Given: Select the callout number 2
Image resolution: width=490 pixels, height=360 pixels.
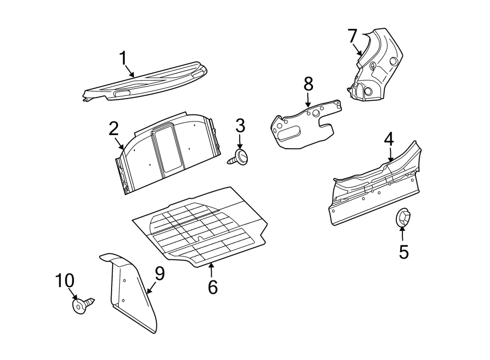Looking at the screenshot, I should (113, 129).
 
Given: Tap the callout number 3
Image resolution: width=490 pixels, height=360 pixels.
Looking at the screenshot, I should (240, 126).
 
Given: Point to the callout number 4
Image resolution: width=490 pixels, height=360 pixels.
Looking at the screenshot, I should (388, 139).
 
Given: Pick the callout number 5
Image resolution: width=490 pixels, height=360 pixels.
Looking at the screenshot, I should (403, 252).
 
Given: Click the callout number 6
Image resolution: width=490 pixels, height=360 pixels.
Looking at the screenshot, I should (212, 286).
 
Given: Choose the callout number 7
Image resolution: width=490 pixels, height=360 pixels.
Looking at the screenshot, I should (352, 36).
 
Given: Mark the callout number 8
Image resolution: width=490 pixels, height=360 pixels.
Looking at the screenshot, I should (308, 84).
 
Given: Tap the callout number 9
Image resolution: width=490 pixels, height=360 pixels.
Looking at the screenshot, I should (159, 274).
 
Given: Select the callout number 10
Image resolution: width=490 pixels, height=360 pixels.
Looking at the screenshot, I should (64, 282).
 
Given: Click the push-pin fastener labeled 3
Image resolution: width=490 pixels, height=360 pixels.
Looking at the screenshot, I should (240, 158).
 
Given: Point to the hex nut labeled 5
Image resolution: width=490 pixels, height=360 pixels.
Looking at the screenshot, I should (403, 218).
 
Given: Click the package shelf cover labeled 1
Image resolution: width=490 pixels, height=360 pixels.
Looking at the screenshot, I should (147, 82).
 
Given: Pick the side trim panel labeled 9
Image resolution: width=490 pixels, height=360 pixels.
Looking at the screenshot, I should (131, 294).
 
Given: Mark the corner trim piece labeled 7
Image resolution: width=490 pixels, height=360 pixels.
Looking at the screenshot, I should (376, 65).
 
